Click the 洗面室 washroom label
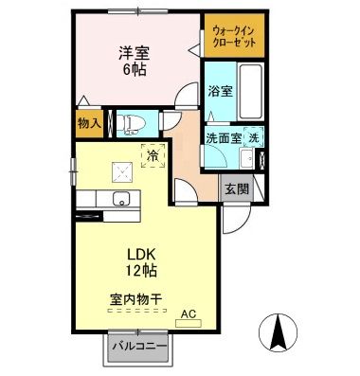(224, 137)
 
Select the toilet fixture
(129, 122)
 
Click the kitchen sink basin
(121, 199)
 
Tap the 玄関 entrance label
(236, 188)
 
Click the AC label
(188, 313)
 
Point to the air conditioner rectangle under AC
(189, 323)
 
